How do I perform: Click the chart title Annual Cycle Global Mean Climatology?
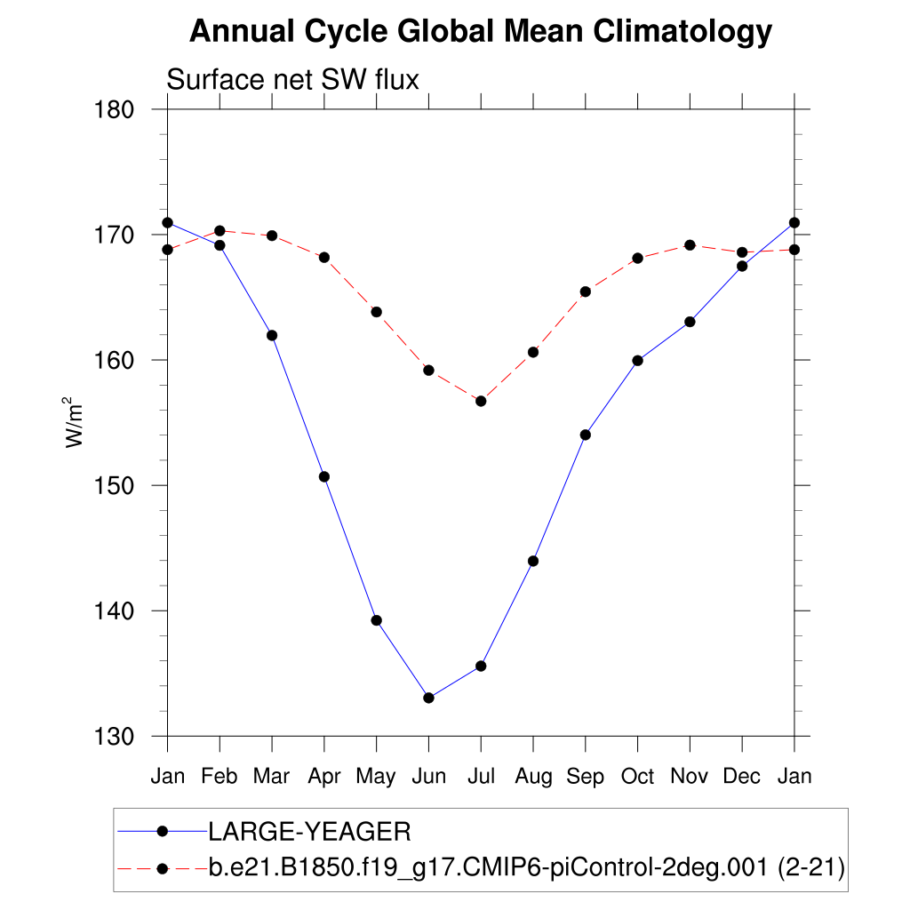(x=481, y=32)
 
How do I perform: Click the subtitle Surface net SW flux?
(x=292, y=80)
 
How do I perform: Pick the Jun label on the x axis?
(x=428, y=777)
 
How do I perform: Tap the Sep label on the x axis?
(x=585, y=777)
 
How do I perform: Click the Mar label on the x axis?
(x=272, y=777)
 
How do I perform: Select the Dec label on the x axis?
(x=742, y=777)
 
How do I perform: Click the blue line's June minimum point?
(x=428, y=698)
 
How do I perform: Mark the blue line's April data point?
(x=324, y=476)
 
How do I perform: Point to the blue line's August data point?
(x=533, y=561)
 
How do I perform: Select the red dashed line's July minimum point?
(x=481, y=401)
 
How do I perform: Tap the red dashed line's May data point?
(x=376, y=312)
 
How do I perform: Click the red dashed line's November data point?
(x=690, y=244)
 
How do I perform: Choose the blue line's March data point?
(x=272, y=335)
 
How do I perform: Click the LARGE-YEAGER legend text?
(x=309, y=832)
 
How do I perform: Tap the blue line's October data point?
(x=637, y=360)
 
